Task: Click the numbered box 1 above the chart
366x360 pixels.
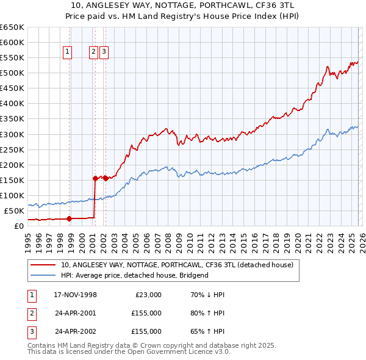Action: point(66,52)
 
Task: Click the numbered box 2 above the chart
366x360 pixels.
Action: point(94,52)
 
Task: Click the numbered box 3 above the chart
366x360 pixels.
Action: point(104,52)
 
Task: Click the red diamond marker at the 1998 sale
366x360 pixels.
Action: point(69,218)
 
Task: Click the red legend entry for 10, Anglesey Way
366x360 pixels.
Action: point(177,265)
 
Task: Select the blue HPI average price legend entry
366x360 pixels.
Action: point(134,275)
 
